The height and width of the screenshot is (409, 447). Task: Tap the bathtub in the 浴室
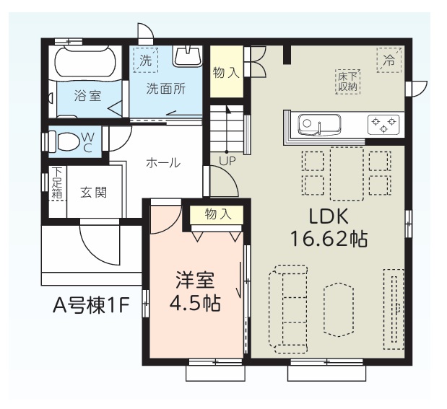85,62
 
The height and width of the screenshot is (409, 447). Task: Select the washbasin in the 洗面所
187,56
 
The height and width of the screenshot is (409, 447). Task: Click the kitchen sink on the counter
319,125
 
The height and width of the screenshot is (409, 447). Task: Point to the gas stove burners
383,125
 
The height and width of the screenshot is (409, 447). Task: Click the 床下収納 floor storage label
347,82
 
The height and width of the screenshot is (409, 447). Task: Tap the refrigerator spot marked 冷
389,61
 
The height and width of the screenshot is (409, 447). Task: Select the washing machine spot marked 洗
146,61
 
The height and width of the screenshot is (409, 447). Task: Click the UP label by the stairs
227,161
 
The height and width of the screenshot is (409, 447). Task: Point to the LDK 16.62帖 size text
329,227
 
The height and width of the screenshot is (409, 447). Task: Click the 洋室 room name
195,280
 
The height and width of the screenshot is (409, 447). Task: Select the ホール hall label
163,163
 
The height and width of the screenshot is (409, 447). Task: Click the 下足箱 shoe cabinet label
57,182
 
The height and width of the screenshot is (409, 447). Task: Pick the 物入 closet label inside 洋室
218,214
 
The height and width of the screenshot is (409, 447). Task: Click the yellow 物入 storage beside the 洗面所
227,72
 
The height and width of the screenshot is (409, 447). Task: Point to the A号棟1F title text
92,305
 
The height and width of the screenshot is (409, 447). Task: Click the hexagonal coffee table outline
339,309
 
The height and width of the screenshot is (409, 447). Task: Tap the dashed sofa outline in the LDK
288,309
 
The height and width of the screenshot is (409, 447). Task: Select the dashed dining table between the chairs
347,174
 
